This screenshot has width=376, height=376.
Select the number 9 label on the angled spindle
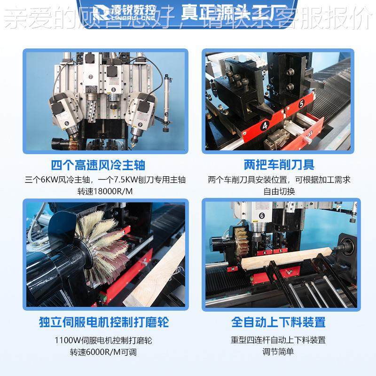pyautogui.click(x=141, y=124)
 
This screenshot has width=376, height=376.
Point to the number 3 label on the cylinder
pyautogui.click(x=167, y=115)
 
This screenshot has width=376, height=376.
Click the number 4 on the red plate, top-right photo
pyautogui.click(x=265, y=125)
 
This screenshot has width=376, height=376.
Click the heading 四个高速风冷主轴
pyautogui.click(x=98, y=165)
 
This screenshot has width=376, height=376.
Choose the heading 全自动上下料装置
pyautogui.click(x=279, y=322)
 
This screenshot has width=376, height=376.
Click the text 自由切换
pyautogui.click(x=279, y=192)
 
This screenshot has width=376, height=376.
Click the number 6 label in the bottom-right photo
pyautogui.click(x=261, y=216)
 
